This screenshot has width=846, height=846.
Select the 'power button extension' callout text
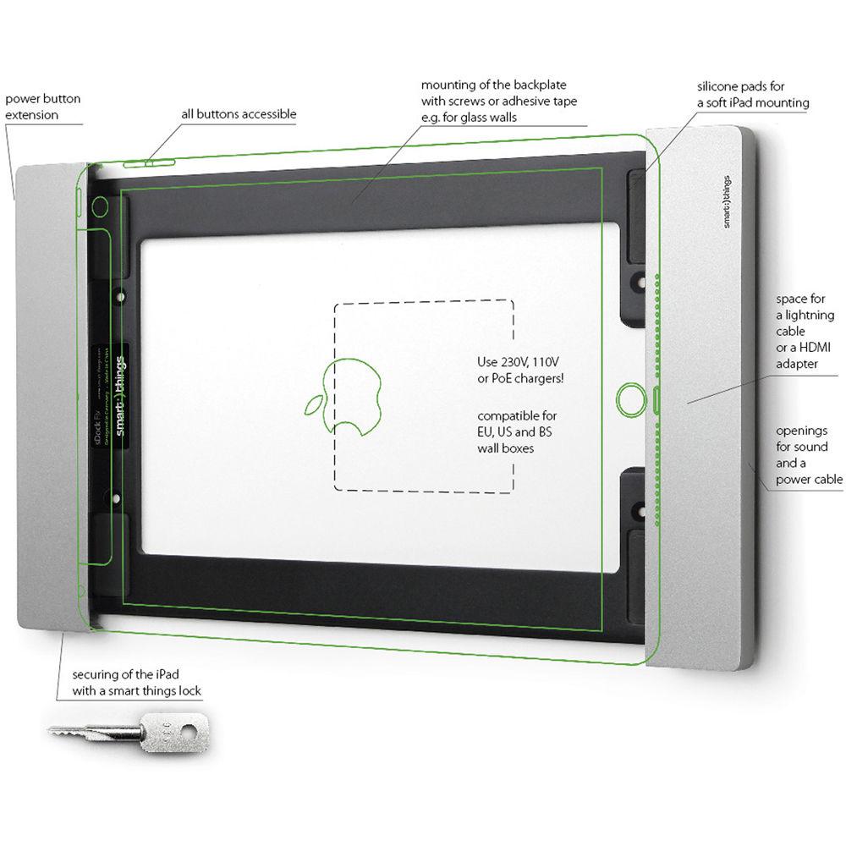[x=43, y=107]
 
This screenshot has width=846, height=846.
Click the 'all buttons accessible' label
[x=239, y=114]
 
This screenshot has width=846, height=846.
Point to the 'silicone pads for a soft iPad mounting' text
[x=752, y=95]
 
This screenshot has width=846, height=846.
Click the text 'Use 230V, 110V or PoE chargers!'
[x=520, y=370]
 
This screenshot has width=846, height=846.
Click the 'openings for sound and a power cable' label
[x=808, y=455]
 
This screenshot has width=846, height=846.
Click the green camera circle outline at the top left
[x=101, y=206]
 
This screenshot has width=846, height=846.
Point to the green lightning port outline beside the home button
[x=659, y=398]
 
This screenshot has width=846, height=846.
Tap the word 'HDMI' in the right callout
[x=808, y=348]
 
